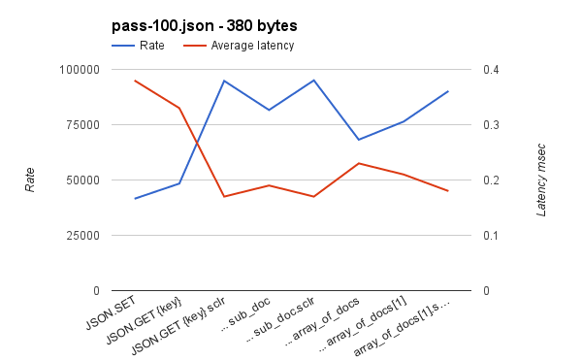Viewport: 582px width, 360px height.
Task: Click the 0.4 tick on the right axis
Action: tap(492, 70)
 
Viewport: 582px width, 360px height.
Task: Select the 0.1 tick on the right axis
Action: tap(492, 236)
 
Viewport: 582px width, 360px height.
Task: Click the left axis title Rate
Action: tap(30, 180)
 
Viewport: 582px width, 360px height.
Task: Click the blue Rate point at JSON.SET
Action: tap(135, 199)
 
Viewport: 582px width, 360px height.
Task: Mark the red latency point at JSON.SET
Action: tap(135, 81)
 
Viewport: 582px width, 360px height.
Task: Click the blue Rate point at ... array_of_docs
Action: tap(359, 140)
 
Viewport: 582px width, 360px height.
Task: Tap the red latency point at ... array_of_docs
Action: tap(359, 163)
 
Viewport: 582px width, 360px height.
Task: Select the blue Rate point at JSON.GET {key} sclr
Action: tap(224, 81)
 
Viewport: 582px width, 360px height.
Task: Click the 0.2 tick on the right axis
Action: tap(492, 180)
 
